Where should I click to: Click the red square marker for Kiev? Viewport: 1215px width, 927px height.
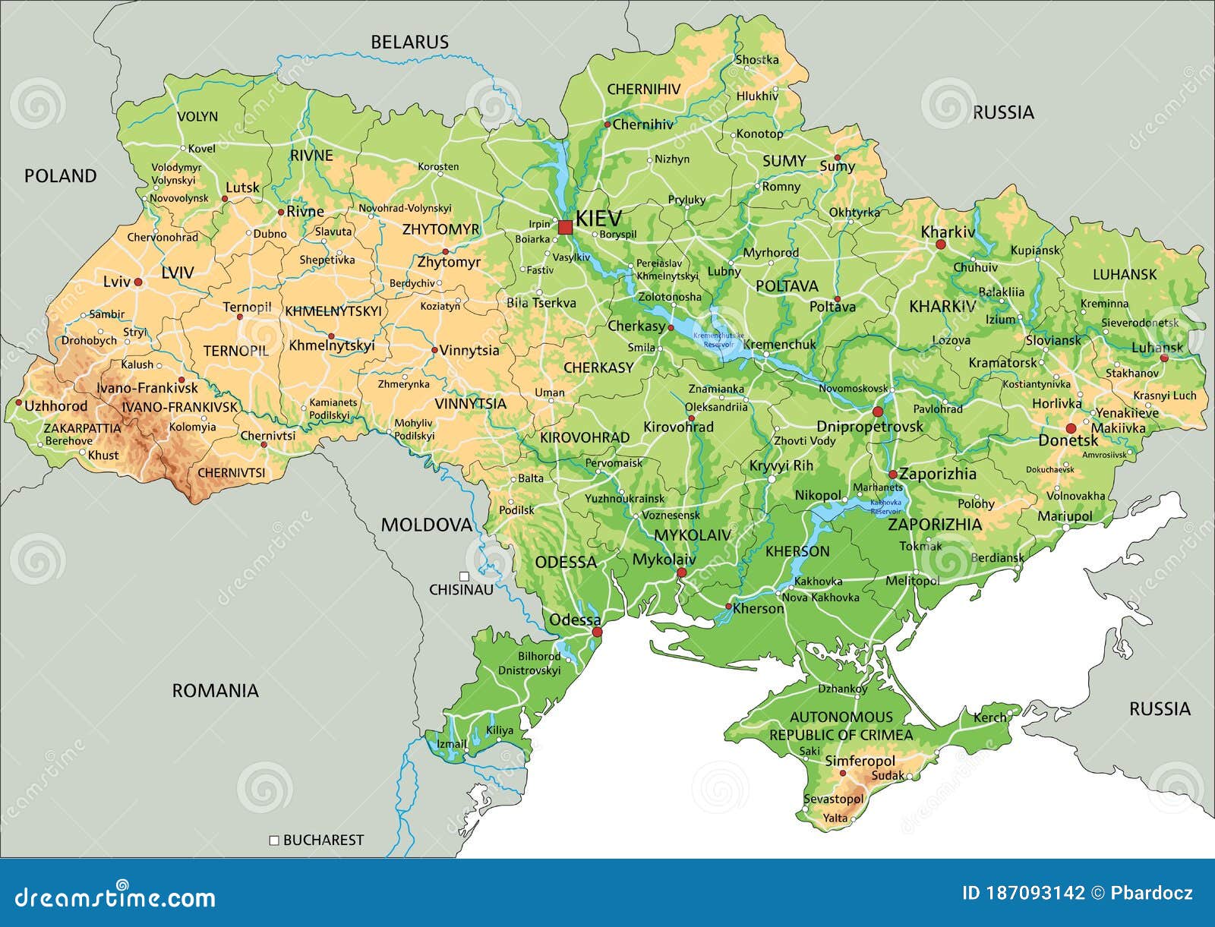click(x=565, y=227)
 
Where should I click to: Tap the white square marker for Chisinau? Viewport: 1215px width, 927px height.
click(x=463, y=576)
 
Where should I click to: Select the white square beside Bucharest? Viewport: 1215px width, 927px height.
click(x=274, y=840)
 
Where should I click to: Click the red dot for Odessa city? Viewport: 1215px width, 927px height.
click(x=597, y=632)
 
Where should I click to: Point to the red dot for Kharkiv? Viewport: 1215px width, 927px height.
click(x=940, y=244)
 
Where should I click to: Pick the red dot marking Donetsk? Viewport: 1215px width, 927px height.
click(x=1071, y=429)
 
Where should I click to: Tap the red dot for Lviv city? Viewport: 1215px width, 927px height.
click(x=138, y=282)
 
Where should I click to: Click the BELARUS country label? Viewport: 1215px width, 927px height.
click(x=409, y=43)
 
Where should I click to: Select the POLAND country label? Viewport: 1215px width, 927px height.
click(x=61, y=176)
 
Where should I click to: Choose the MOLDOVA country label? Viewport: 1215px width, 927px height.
click(x=426, y=525)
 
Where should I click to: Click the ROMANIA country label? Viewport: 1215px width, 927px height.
click(x=215, y=690)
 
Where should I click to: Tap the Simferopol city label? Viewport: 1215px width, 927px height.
click(x=860, y=761)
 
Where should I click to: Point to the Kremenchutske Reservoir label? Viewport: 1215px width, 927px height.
click(x=718, y=339)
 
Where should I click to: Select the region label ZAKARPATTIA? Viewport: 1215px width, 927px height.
click(x=81, y=427)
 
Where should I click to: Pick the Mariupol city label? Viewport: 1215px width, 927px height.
click(x=1065, y=516)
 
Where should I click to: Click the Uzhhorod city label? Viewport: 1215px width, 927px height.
click(x=56, y=405)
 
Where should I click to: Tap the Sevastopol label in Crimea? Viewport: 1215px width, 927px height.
click(x=834, y=799)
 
